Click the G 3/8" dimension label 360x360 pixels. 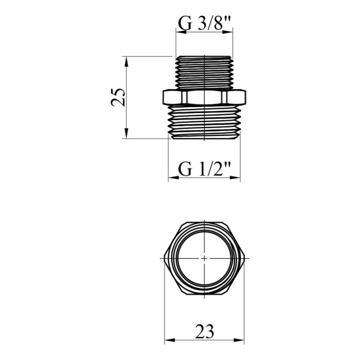pos(204,24)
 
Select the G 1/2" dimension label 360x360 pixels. pos(204,169)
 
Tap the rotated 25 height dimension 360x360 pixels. pos(118,97)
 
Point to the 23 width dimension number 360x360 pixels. pos(205,332)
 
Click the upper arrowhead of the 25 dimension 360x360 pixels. pos(126,61)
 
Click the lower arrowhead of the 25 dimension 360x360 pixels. pos(126,133)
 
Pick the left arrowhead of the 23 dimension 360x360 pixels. pos(170,340)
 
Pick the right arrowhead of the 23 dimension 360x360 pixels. pos(238,340)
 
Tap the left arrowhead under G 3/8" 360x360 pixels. pos(181,32)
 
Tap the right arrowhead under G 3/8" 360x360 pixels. pos(227,32)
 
